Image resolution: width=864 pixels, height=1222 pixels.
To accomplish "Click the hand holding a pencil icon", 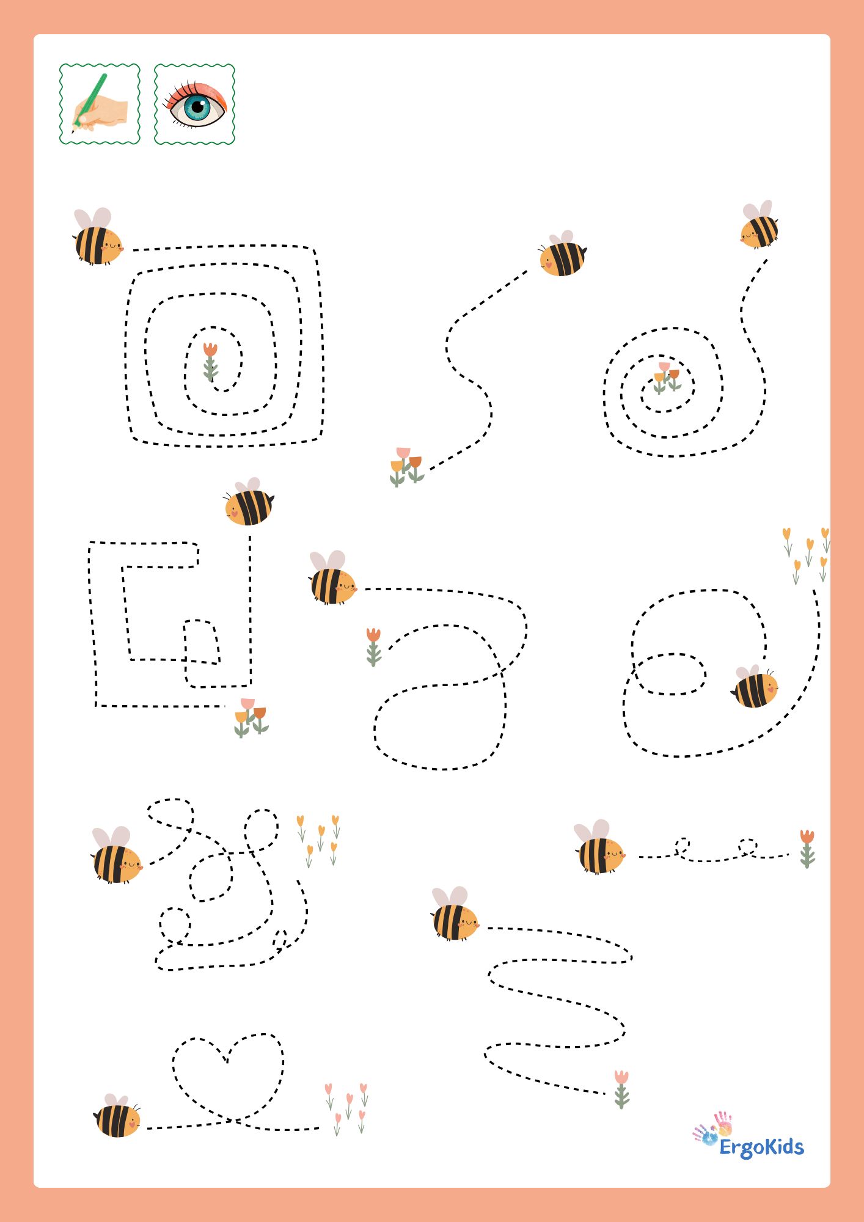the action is [100, 104].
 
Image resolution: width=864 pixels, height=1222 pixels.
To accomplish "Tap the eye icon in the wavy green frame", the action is [195, 104].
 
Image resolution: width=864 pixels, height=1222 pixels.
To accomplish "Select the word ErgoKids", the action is [761, 1147].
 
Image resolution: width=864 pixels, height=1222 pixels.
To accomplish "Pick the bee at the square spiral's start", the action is [98, 236].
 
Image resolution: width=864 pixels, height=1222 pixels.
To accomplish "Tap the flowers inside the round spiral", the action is [667, 378].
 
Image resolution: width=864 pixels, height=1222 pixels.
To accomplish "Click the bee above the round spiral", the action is [760, 224].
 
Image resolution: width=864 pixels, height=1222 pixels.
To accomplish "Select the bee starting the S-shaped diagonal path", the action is [563, 254].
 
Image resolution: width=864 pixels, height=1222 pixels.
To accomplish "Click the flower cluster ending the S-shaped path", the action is [406, 466].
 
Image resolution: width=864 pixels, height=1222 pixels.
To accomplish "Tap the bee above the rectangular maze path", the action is [249, 502].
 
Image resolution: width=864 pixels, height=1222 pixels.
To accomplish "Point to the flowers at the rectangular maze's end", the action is [251, 717].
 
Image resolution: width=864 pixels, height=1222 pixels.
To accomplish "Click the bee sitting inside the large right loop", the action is [755, 687].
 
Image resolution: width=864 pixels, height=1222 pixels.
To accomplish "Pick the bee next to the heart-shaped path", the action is [118, 1116].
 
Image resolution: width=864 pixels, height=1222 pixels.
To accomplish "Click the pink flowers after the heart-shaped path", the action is [346, 1108].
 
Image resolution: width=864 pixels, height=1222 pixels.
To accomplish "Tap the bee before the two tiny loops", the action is [599, 847].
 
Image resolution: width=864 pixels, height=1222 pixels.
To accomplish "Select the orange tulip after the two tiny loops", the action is [807, 848].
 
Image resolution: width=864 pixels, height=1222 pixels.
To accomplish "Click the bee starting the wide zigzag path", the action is [455, 914].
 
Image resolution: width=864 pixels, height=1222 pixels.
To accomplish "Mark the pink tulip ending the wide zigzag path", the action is [621, 1089].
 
